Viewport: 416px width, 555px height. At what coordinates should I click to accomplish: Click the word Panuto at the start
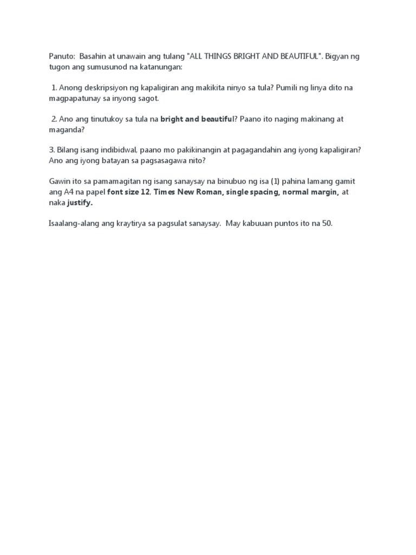pos(57,56)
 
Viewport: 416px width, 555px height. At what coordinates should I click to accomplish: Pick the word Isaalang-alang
pos(69,224)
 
